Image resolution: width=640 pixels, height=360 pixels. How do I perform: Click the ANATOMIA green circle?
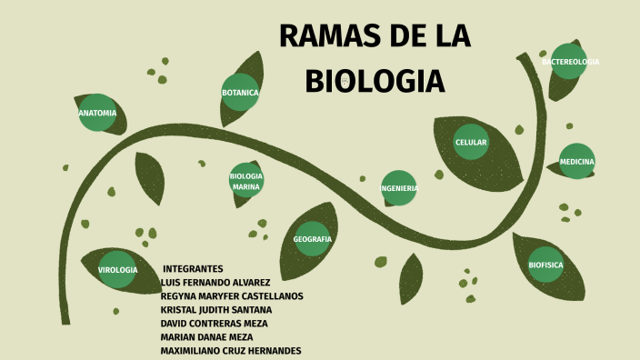97,113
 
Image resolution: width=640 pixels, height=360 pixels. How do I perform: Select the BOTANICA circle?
240,93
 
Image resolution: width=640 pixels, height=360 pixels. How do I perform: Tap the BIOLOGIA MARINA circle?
246,180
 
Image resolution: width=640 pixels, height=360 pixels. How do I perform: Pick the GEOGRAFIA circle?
312,239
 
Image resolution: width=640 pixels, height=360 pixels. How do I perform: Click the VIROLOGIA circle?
117,270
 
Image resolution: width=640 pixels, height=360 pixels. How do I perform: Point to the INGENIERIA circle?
399,188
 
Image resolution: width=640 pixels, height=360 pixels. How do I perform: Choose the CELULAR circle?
471,142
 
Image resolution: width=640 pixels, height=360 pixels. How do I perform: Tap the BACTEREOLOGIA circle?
570,62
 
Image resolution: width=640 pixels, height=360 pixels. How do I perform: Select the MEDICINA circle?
576,161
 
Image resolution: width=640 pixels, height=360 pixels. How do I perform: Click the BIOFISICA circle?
545,265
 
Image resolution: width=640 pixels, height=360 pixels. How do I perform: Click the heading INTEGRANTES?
193,269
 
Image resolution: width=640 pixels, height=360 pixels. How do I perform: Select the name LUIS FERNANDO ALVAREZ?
215,283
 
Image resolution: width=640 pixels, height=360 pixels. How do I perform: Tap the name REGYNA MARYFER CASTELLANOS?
232,296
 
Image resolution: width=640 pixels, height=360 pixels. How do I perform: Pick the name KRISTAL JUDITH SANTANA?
216,310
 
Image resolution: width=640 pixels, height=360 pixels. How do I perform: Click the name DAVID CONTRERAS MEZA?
214,324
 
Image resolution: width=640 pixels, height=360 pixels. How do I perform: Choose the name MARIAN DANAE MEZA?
206,337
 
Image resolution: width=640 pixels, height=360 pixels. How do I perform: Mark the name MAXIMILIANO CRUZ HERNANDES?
231,351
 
